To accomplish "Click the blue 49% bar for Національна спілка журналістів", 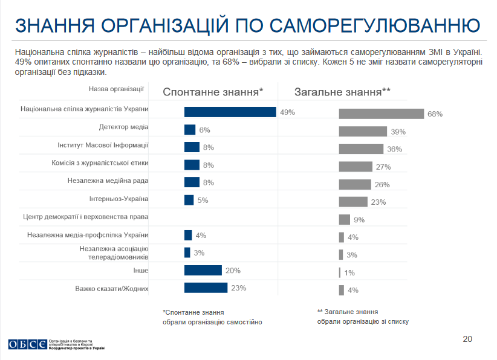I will tap(230, 112).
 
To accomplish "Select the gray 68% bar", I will tap(381, 114).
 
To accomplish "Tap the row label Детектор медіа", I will tap(123, 127).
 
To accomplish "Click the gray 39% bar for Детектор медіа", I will tap(363, 131).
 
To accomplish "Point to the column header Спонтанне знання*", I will tap(213, 92).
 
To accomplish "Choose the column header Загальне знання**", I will tap(342, 92).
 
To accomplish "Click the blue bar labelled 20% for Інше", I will tap(203, 270).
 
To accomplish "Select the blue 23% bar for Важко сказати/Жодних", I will tap(206, 288).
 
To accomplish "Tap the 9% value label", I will tap(359, 220).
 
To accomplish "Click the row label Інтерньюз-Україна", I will tap(119, 198).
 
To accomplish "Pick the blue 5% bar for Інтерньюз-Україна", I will tap(189, 200).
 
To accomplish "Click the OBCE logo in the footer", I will tap(27, 344).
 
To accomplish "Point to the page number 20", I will tap(467, 338).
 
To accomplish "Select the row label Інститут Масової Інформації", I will tap(103, 145).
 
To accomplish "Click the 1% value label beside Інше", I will tap(349, 273).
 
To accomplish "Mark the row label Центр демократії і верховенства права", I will tap(86, 216).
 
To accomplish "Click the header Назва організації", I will tap(116, 89).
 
